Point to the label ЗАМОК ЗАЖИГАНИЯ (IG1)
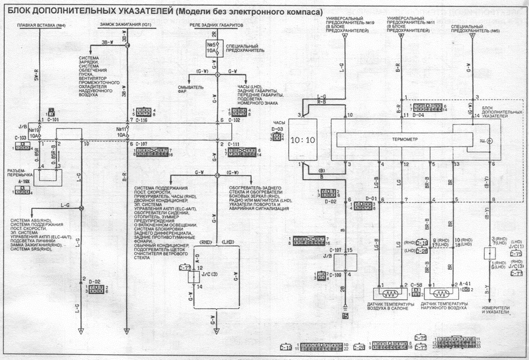(126, 25)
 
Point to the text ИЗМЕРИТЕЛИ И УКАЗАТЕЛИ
(495, 309)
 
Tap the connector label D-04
(418, 115)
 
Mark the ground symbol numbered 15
(345, 316)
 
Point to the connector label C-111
(235, 144)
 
